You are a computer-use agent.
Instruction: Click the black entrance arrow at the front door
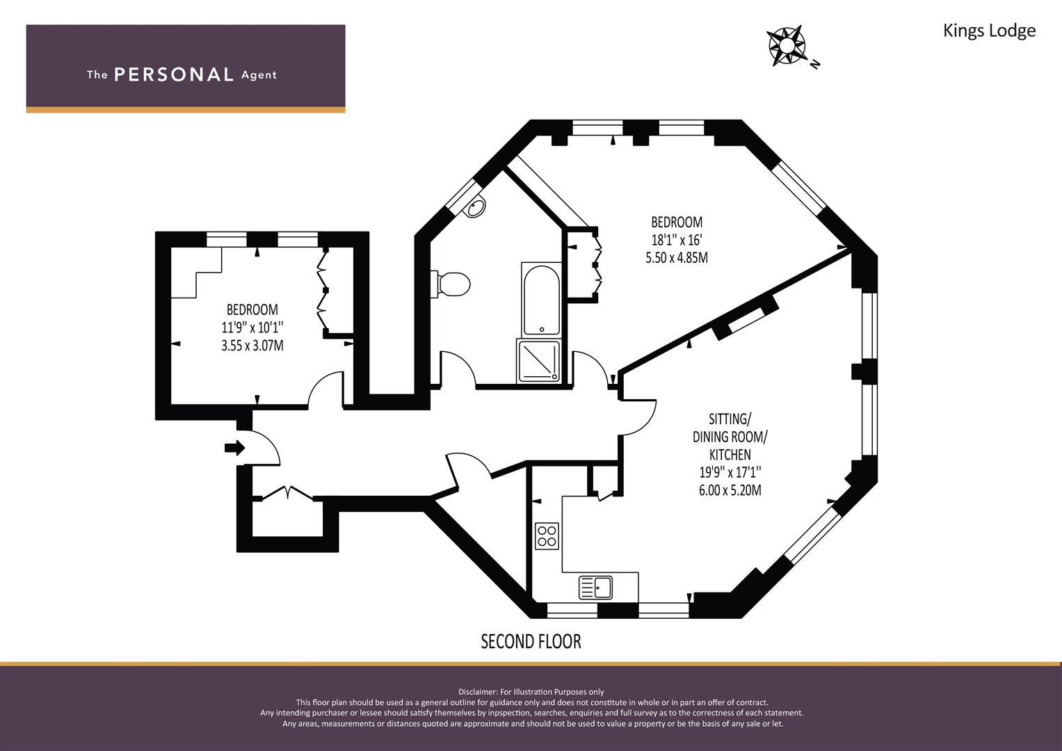pos(234,448)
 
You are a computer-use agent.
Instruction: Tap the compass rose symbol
pos(786,46)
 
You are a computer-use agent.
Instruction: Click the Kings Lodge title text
pos(989,31)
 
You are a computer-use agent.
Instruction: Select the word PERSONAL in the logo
pos(174,75)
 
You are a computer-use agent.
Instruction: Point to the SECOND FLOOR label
pos(531,641)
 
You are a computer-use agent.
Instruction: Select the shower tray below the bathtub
pos(538,362)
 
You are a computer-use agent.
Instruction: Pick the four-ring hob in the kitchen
pos(547,536)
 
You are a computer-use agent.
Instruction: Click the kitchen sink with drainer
pos(595,588)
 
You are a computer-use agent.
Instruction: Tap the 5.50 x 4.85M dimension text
pos(677,258)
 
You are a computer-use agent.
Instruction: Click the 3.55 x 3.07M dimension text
pos(252,346)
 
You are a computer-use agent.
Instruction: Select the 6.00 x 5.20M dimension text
pos(730,490)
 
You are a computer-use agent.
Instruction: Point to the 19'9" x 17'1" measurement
pos(730,472)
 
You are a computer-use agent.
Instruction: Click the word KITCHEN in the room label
pos(730,455)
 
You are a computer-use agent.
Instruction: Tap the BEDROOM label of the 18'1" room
pos(677,222)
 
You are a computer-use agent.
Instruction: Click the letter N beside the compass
pos(815,64)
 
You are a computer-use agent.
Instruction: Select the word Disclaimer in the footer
pos(477,692)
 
